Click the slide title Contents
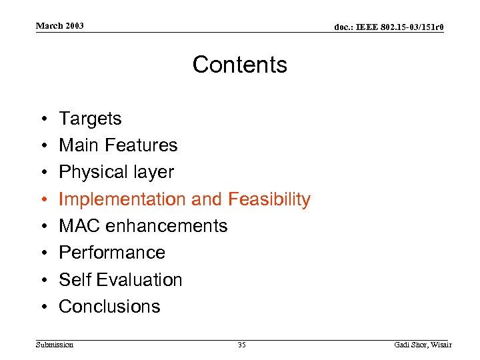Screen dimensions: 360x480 click(240, 65)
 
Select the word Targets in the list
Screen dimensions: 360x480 click(90, 119)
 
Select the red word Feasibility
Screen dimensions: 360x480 click(269, 199)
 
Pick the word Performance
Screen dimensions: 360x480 click(112, 253)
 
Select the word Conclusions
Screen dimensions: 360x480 click(109, 307)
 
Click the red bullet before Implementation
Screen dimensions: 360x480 click(41, 199)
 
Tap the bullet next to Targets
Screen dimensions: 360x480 click(41, 119)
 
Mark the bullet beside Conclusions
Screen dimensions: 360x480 click(41, 307)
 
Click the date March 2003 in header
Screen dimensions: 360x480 click(60, 26)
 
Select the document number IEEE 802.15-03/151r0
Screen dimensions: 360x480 click(389, 27)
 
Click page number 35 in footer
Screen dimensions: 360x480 click(241, 345)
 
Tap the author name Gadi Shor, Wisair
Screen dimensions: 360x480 click(423, 345)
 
